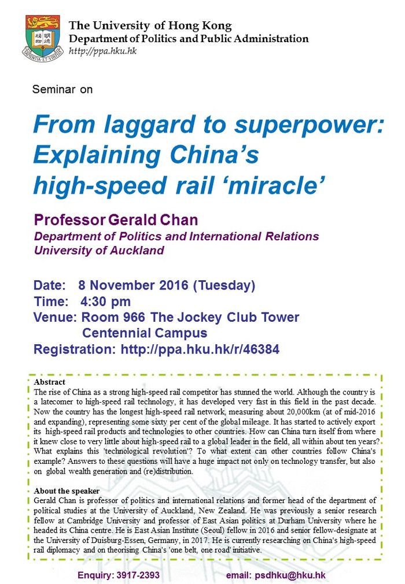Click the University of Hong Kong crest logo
click(43, 38)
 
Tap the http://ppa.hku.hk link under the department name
click(102, 51)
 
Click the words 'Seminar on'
click(62, 90)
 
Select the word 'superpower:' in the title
click(309, 124)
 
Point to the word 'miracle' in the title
click(275, 185)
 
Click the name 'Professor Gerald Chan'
click(116, 220)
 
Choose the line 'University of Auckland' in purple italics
click(99, 250)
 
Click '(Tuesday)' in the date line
click(224, 286)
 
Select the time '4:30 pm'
click(105, 302)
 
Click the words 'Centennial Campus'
click(145, 333)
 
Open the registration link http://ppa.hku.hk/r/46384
click(200, 349)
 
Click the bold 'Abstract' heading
click(49, 382)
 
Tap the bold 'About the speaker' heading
click(67, 491)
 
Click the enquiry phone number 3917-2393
click(138, 575)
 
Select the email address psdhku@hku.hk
click(290, 575)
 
